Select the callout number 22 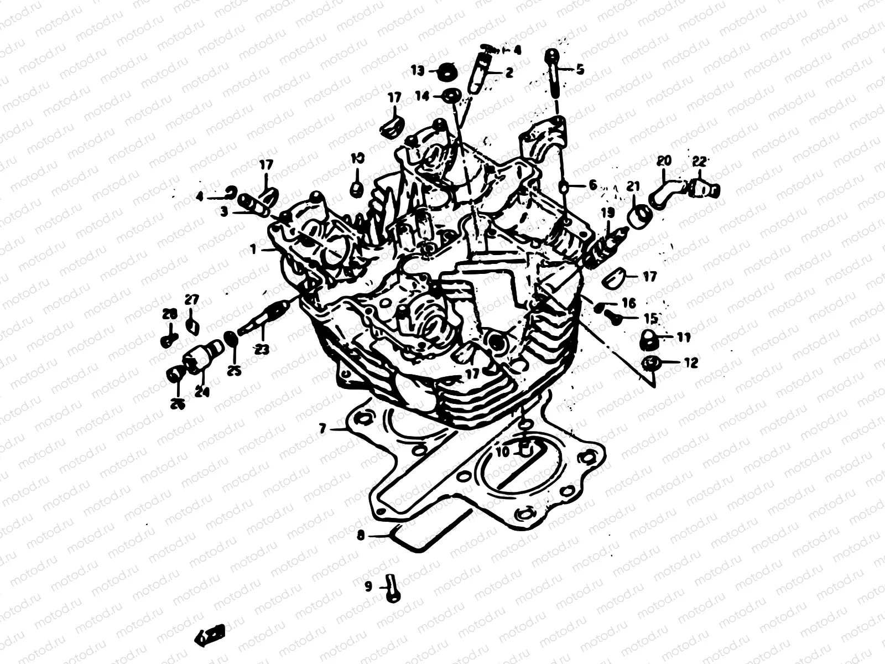click(699, 162)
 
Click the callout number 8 click(361, 535)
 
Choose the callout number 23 click(262, 349)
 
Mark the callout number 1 click(253, 250)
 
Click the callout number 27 click(191, 300)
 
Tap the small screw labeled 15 click(612, 317)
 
